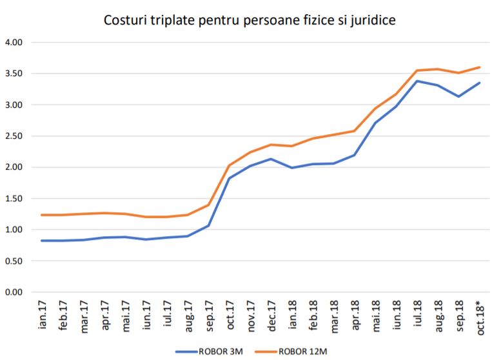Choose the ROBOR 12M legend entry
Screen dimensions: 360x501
[306, 352]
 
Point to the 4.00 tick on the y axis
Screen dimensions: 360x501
[14, 43]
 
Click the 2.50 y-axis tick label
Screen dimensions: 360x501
[14, 136]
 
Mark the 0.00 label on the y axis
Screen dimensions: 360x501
[14, 292]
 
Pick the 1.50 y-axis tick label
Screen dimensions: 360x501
[14, 199]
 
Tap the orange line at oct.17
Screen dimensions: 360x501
[229, 165]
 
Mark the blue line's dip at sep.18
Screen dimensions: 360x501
[458, 97]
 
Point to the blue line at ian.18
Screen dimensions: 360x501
[291, 168]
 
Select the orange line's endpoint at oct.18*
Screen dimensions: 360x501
[479, 67]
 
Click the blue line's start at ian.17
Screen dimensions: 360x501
[42, 241]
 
